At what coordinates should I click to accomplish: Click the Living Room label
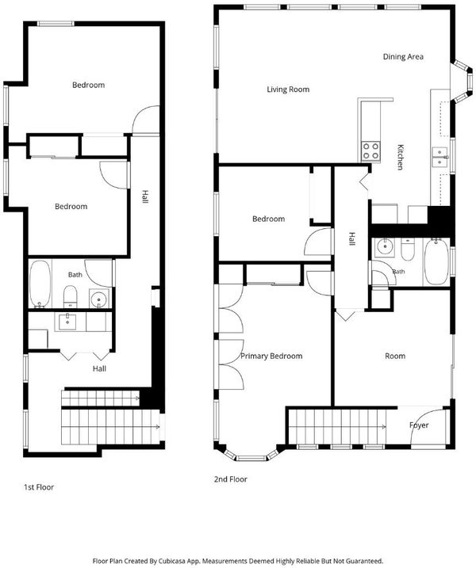point(288,90)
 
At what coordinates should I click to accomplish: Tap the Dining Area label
point(403,56)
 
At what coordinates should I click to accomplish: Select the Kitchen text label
point(400,157)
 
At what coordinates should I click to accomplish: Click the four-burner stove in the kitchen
point(370,151)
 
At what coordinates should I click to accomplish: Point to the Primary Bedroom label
point(271,356)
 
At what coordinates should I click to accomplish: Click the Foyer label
point(419,425)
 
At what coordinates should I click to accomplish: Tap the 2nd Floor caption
point(231,479)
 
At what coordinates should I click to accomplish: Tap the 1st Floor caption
point(39,487)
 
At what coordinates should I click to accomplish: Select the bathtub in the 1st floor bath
point(40,284)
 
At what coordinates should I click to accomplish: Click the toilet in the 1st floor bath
point(70,296)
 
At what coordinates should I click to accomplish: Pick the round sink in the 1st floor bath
point(99,299)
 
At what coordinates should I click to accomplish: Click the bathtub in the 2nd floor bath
point(436,261)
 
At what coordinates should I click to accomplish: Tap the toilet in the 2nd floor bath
point(408,250)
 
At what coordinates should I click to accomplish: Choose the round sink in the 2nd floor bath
point(384,247)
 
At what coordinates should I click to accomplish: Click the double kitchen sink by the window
point(440,157)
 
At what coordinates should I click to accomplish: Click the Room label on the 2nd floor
point(395,356)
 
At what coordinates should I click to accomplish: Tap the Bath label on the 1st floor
point(75,275)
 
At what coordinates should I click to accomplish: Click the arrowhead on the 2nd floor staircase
point(383,427)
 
